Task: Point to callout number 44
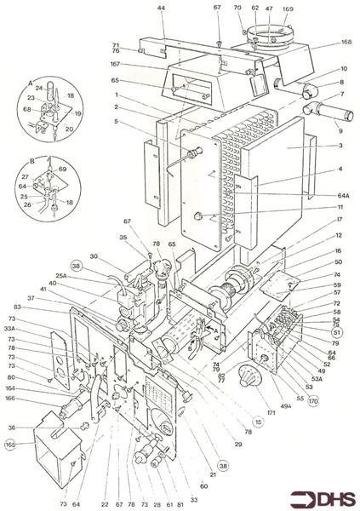point(161,9)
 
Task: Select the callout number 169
point(287,9)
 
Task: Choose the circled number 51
point(337,333)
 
